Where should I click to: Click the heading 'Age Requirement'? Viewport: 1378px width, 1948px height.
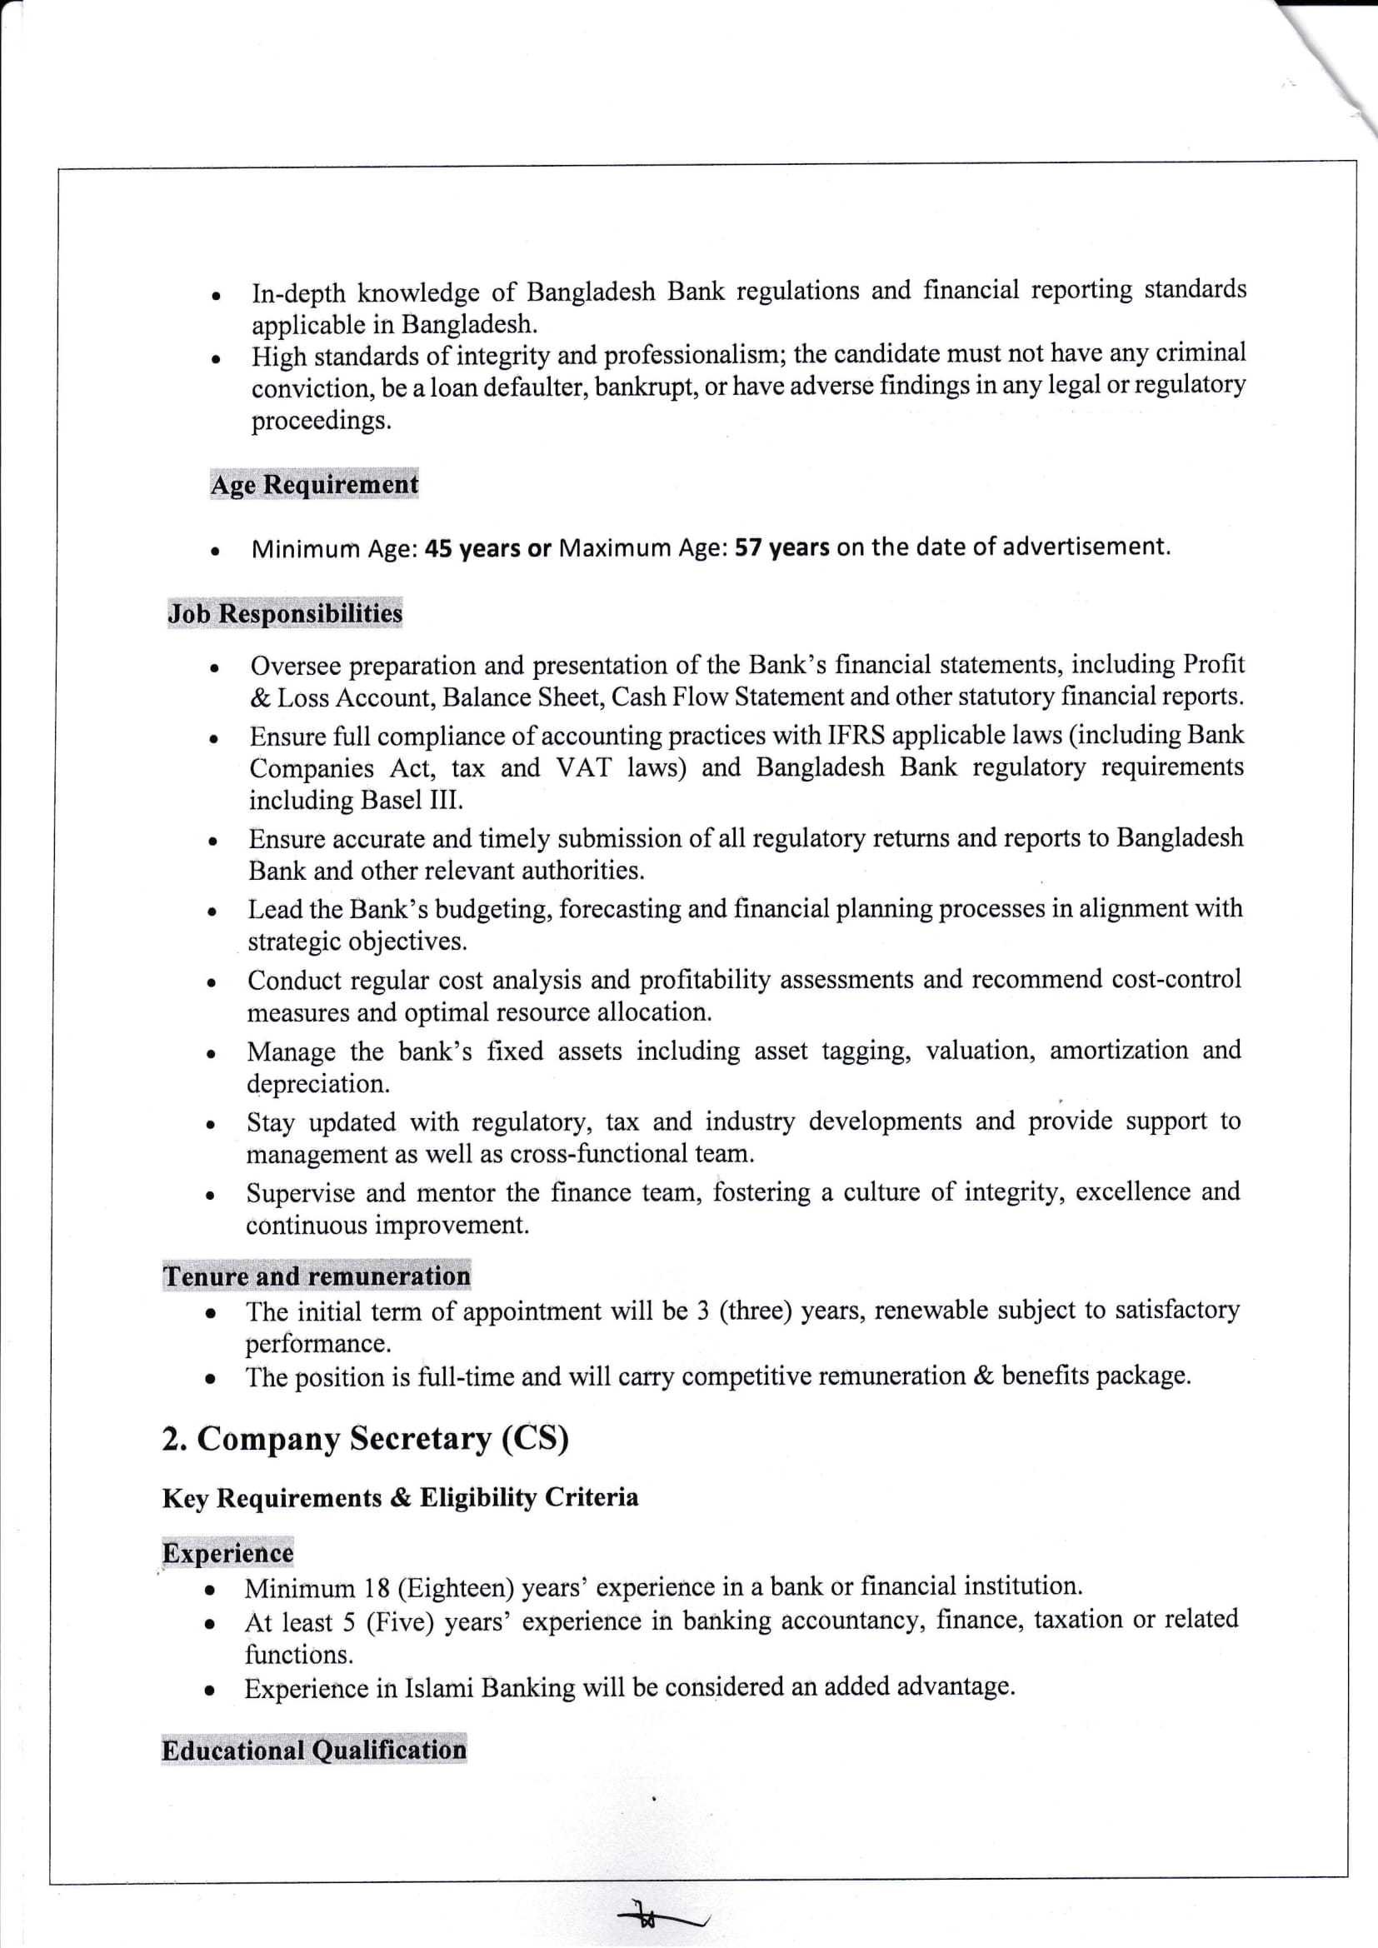click(314, 484)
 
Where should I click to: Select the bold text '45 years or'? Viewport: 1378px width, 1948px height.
click(487, 548)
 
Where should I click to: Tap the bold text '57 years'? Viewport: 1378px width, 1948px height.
click(781, 547)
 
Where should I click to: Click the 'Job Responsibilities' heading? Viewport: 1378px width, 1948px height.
click(284, 613)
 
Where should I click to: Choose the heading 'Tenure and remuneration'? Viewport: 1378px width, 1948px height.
click(317, 1276)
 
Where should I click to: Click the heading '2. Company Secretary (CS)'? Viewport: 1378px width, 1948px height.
click(365, 1438)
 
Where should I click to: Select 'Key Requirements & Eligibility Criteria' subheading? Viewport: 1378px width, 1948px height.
click(400, 1497)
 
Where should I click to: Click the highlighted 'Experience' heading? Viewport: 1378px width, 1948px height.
click(227, 1552)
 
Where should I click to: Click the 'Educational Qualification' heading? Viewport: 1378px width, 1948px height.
click(314, 1750)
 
